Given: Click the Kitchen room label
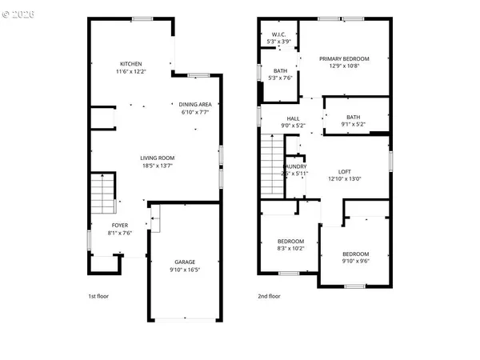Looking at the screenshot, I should point(131,64).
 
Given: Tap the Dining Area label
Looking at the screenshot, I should point(195,104).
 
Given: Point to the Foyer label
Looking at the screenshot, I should point(120,226).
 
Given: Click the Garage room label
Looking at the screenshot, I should point(185,262).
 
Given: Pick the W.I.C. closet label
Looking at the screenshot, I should point(278,34).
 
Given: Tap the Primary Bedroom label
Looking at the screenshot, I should point(344,58).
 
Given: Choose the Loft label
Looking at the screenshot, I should point(345,172).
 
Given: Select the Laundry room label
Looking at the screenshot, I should point(294,167).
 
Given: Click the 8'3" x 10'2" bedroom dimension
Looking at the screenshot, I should point(290,248).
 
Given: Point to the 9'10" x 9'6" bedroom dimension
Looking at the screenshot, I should point(356,260).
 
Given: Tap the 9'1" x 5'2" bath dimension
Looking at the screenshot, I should point(353,124).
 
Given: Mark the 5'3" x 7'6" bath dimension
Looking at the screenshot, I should point(280,78).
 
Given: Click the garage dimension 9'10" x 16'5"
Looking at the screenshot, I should point(185,270).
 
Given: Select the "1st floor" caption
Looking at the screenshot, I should point(98,297).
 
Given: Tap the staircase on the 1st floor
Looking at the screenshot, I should point(101,194).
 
